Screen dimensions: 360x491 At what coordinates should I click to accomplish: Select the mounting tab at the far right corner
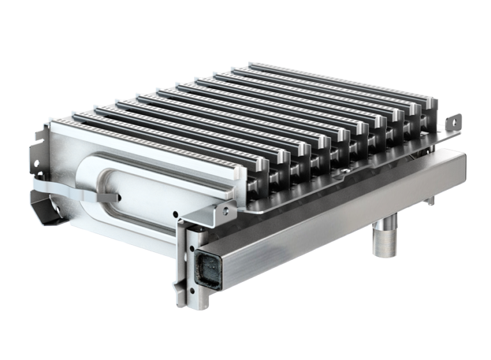click(455, 121)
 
